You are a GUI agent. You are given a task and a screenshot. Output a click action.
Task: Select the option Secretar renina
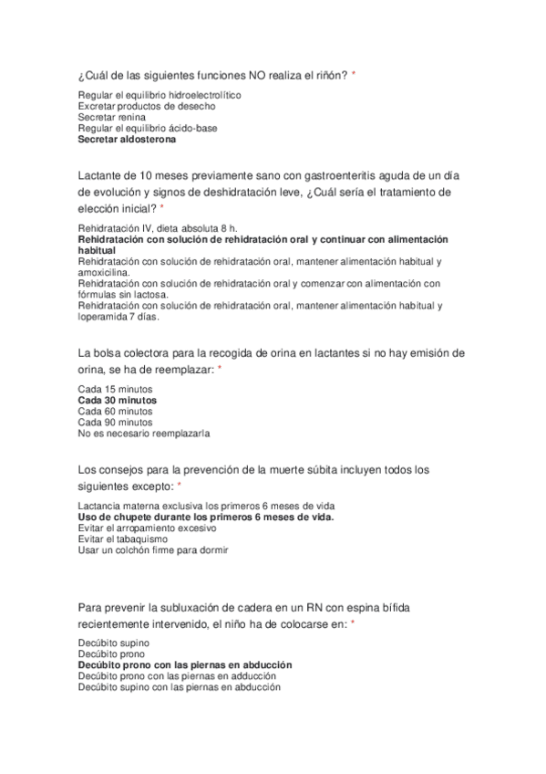click(110, 118)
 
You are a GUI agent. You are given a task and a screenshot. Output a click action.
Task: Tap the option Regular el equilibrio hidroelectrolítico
click(160, 95)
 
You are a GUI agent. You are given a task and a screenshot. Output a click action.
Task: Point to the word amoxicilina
click(104, 271)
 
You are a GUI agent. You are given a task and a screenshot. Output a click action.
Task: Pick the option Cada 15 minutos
click(115, 389)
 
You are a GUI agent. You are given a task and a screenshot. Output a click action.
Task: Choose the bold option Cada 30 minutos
click(117, 400)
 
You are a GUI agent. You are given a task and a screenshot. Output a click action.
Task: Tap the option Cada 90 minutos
click(115, 422)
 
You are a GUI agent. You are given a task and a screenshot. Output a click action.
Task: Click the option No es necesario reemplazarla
click(143, 433)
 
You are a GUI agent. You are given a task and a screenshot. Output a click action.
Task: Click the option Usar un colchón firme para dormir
click(153, 549)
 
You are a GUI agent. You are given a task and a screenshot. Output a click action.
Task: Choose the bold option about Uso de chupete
click(206, 517)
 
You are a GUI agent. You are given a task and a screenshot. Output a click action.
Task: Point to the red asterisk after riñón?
click(354, 74)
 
